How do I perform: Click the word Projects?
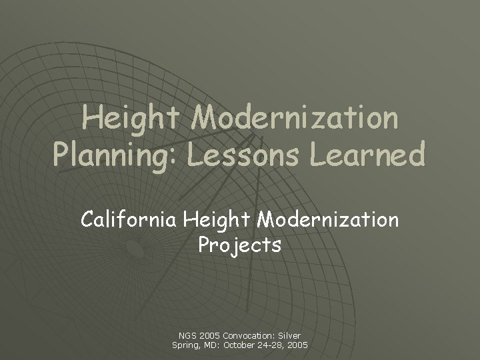pos(239,245)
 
